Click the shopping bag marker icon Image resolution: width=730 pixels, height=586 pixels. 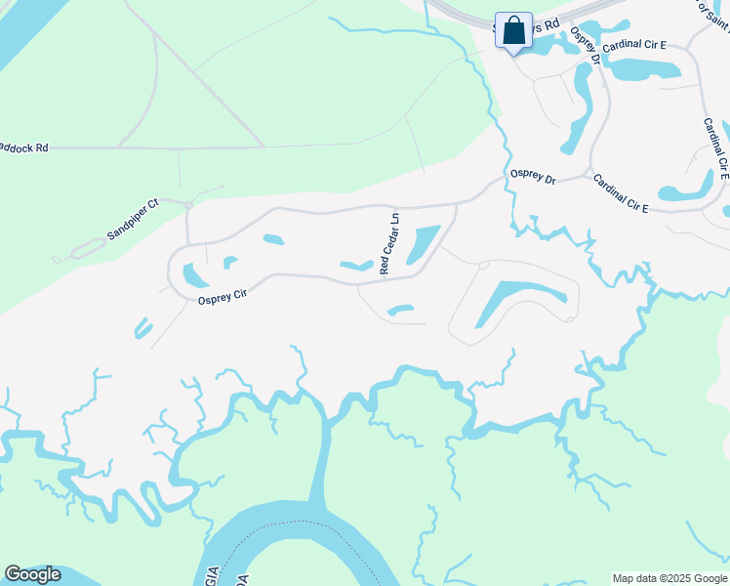coord(513,29)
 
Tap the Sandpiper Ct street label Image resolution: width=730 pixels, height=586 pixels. coord(133,221)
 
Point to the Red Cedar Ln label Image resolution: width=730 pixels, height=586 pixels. coord(388,244)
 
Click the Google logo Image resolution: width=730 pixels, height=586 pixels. coord(32,574)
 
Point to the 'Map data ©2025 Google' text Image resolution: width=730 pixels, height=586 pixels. coord(669,578)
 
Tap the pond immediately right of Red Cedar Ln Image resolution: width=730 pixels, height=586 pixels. coord(421,244)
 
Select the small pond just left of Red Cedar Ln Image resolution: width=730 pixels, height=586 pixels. coord(356,265)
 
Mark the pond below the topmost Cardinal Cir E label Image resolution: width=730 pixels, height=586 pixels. coord(643,67)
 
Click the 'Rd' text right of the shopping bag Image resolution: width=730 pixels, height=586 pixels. coord(551,22)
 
